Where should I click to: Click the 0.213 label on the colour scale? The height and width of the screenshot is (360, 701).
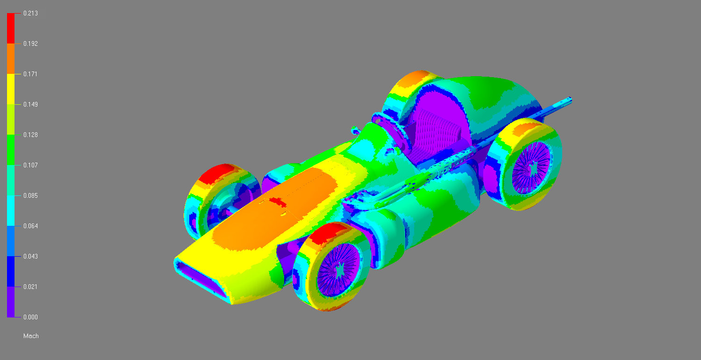tap(30, 13)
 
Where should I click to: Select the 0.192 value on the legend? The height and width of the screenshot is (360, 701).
tap(30, 43)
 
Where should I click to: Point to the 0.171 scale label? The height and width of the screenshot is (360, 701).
tap(30, 74)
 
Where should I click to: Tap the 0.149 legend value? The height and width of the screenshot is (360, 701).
tap(30, 104)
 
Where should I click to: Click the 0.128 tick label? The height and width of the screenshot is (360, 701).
tap(30, 135)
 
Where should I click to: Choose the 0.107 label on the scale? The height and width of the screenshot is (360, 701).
tap(30, 165)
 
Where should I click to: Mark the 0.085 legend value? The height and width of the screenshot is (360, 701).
tap(30, 195)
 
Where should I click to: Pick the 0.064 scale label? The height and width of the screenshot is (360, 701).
tap(30, 226)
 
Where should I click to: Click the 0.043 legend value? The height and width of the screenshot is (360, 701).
tap(30, 256)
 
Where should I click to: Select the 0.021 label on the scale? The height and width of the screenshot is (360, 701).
tap(30, 287)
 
